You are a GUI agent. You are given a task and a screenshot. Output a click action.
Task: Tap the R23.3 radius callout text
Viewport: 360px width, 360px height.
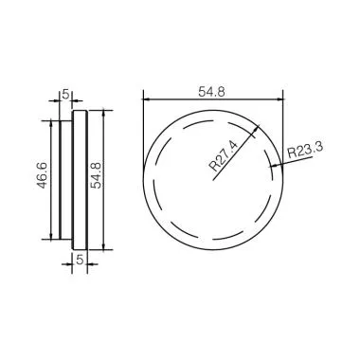click(x=302, y=150)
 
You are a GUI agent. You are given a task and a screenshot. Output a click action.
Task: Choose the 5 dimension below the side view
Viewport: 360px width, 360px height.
click(x=80, y=257)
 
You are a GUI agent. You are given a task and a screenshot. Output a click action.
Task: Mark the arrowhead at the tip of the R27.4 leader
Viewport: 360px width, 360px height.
click(x=259, y=131)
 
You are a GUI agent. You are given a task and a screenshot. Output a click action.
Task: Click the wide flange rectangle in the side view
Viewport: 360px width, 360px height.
click(x=81, y=178)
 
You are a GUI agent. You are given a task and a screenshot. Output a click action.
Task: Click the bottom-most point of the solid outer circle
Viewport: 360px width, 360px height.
click(x=212, y=248)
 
